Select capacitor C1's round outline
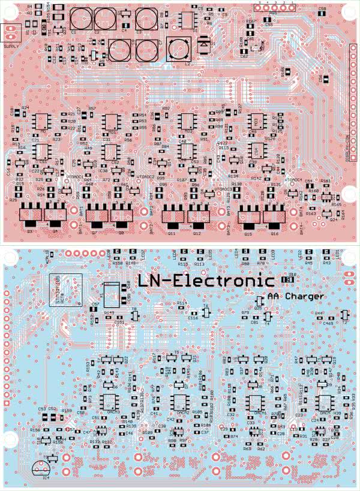click(x=80, y=19)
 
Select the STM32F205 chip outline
click(x=65, y=290)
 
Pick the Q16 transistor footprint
click(x=274, y=215)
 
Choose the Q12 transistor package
click(x=199, y=215)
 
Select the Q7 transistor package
click(x=97, y=214)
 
